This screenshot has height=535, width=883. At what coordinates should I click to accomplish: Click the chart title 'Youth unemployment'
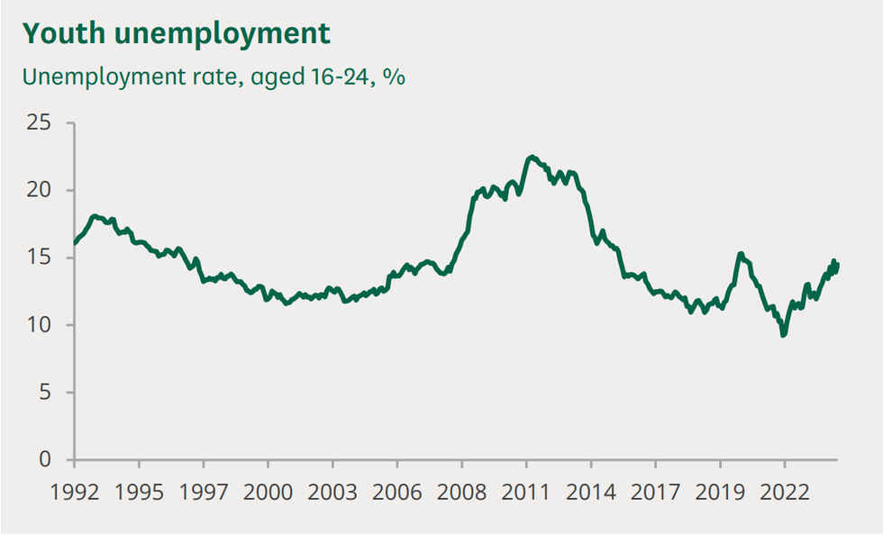coord(178,33)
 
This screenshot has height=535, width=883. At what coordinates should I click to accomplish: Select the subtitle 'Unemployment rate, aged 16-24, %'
coord(214,77)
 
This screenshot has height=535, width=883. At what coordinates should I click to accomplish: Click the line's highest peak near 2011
coord(532,157)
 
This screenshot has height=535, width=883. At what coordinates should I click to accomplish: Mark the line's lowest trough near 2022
coord(783,335)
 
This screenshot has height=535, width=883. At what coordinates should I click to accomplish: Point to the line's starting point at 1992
coord(74,243)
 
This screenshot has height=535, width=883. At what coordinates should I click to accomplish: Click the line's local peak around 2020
coord(740,254)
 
